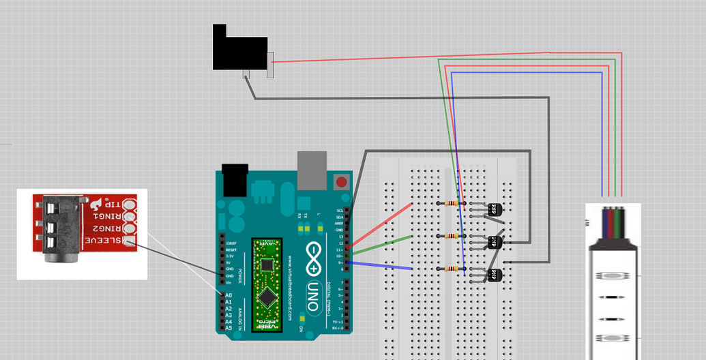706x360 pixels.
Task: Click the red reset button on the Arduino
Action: (x=340, y=182)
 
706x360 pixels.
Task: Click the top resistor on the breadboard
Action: (x=451, y=203)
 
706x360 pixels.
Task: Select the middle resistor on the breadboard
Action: (x=451, y=236)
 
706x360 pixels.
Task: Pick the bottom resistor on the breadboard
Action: (x=451, y=269)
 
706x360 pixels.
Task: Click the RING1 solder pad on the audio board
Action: (x=131, y=217)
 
